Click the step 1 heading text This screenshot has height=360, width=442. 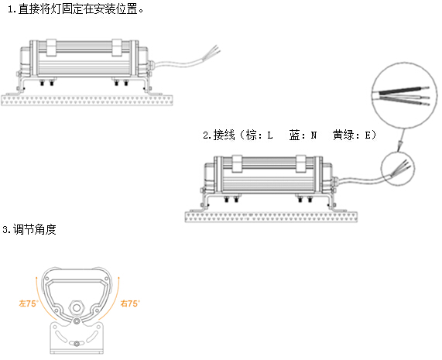coord(76,9)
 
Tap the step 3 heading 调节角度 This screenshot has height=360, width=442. coord(29,229)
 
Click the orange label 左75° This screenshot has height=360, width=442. coord(28,303)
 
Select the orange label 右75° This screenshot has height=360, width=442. coord(130,303)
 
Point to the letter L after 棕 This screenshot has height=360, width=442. coord(270,135)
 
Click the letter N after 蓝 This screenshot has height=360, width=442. coord(314,135)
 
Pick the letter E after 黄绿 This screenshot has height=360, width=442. coord(368,135)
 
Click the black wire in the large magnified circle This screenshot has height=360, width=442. coord(403,91)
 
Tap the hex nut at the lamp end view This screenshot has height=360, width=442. coord(77,307)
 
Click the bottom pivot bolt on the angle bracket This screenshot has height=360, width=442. coord(77,344)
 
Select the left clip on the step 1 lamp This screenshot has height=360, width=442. coord(52,47)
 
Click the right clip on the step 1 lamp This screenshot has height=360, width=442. coord(117,47)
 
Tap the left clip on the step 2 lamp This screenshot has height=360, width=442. coord(237,164)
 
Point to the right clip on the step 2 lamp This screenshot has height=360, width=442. coord(301,164)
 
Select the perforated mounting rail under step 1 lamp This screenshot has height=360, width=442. coord(87,100)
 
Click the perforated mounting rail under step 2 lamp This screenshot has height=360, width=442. coord(271,217)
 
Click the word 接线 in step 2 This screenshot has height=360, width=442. coord(224,135)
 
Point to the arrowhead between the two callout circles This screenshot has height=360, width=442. coord(400,146)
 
